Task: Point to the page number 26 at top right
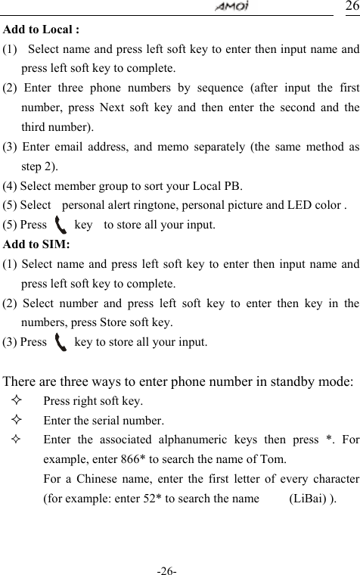click(x=352, y=7)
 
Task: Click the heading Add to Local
click(x=42, y=31)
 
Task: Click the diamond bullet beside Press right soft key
click(x=17, y=401)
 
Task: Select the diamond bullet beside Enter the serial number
click(x=17, y=421)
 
